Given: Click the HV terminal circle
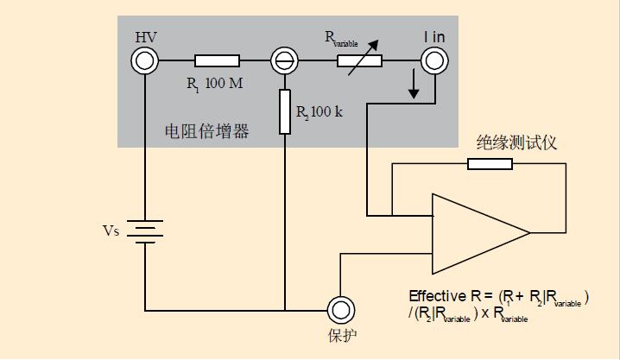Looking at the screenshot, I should click(145, 60).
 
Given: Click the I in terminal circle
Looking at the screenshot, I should click(433, 60).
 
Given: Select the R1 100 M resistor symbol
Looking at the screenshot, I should click(217, 60).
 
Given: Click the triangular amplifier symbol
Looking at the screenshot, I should click(478, 231).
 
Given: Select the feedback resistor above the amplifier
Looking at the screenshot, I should click(490, 164).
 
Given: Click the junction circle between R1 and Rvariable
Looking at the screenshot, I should click(283, 60).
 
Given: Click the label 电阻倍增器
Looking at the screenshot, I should click(206, 131).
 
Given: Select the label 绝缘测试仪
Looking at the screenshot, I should click(516, 142).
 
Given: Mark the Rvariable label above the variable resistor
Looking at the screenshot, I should click(342, 37).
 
